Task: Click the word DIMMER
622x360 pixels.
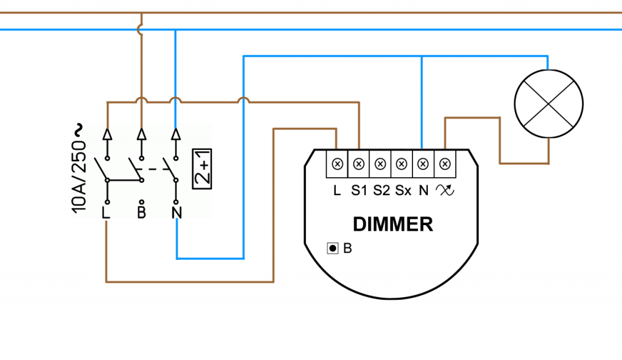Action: (x=392, y=224)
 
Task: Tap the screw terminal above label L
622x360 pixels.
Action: (x=337, y=164)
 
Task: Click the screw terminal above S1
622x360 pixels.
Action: (x=358, y=164)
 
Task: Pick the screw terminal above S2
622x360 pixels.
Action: (x=380, y=164)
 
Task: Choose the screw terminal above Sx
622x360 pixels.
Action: (x=402, y=164)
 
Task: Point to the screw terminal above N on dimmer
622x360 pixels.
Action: (x=423, y=164)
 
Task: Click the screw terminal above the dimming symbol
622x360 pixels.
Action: (x=445, y=164)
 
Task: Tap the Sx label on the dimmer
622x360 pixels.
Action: (x=403, y=191)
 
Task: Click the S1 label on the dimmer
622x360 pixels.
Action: (x=359, y=191)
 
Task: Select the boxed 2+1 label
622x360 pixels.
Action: (x=202, y=168)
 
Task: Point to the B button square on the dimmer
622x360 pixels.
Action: (x=333, y=249)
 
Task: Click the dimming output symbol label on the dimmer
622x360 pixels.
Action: (x=445, y=191)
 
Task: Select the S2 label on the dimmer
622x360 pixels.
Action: (x=381, y=191)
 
